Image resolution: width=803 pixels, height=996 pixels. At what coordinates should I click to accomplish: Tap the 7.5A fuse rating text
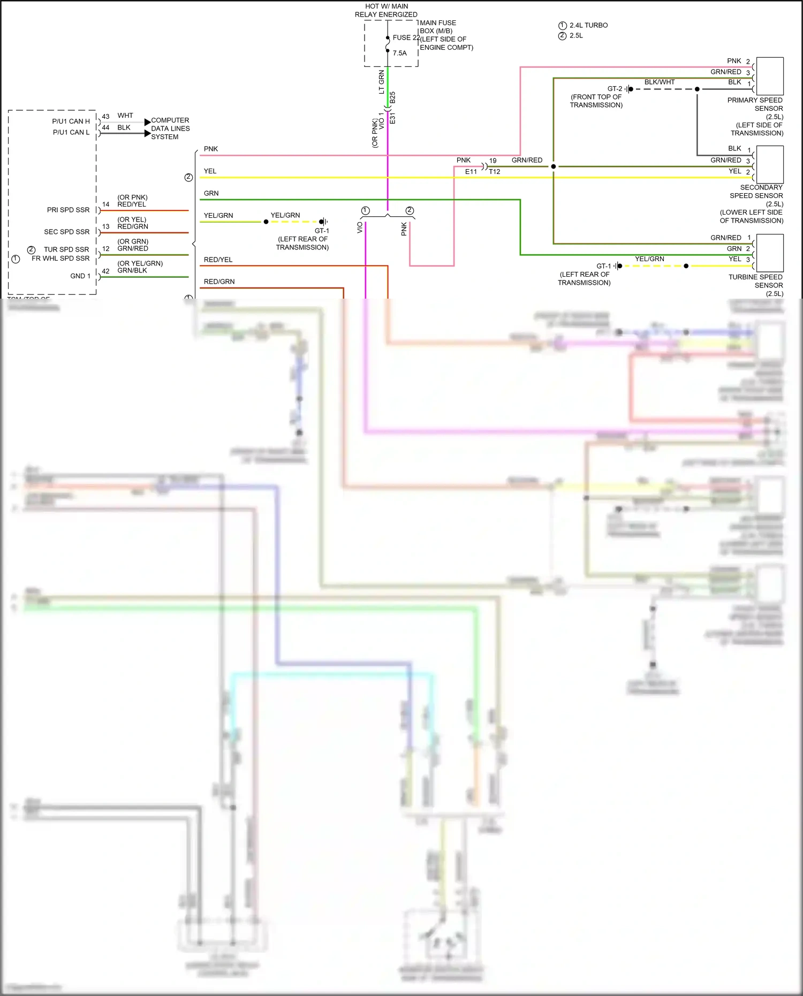(399, 53)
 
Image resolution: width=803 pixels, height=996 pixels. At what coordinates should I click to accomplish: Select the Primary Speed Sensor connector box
(770, 76)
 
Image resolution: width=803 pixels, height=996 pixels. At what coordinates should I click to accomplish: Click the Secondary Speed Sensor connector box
(770, 164)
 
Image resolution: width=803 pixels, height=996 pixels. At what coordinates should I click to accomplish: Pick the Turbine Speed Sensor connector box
(770, 253)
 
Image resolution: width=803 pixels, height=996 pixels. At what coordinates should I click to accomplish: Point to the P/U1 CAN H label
(71, 121)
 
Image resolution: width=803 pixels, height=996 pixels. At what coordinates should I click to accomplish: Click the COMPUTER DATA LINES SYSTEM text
(170, 128)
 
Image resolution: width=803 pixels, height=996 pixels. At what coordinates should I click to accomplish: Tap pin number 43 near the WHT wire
(105, 116)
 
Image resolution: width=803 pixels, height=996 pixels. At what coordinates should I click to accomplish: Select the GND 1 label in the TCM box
(80, 276)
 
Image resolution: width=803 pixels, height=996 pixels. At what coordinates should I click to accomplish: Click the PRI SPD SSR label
(68, 210)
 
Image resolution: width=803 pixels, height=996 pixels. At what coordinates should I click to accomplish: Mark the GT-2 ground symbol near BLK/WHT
(628, 89)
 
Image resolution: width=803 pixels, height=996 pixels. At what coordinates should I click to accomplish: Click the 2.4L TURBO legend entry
(588, 25)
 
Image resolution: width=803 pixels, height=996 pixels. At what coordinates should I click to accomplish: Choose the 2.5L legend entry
(576, 36)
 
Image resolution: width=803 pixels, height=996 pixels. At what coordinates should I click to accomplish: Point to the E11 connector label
(471, 172)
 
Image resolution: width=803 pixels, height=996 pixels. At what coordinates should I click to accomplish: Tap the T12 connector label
(495, 172)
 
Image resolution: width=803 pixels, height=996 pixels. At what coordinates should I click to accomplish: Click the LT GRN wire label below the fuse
(381, 82)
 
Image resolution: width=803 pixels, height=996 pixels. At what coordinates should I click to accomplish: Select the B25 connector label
(392, 97)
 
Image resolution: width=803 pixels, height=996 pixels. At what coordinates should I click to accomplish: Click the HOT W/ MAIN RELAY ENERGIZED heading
(386, 10)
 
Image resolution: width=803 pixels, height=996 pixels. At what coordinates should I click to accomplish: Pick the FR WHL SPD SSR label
(60, 258)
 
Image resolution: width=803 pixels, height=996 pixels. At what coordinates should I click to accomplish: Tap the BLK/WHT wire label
(659, 82)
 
